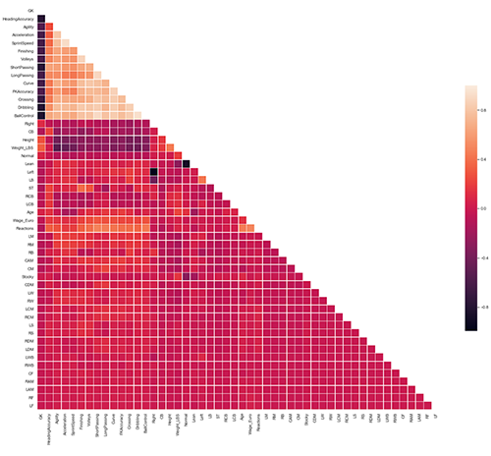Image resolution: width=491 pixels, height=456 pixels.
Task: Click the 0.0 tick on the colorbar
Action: point(482,208)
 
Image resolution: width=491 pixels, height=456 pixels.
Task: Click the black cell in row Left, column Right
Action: point(154,171)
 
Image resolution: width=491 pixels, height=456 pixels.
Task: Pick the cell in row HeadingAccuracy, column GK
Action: point(40,18)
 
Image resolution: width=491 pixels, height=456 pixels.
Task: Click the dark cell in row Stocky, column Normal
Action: point(186,264)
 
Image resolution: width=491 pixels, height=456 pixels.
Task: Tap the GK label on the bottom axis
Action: point(40,417)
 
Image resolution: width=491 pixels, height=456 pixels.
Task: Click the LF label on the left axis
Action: point(30,402)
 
